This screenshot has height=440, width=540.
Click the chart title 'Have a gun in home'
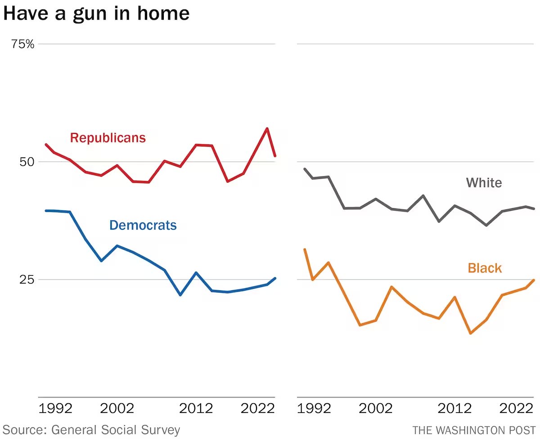96,14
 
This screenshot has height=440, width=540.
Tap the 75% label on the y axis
23,44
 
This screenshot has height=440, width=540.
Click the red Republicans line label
108,138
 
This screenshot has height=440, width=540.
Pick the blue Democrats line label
143,225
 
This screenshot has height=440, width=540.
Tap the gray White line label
484,183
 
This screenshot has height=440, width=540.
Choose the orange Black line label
485,268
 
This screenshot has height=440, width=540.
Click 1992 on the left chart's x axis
56,409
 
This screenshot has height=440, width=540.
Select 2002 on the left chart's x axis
117,409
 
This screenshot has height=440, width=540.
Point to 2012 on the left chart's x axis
196,409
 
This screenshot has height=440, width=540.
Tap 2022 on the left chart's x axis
257,409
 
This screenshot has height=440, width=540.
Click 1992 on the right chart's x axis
315,409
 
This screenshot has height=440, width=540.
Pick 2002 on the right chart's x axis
376,409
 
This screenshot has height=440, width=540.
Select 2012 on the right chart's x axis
455,409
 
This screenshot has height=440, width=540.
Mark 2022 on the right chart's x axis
516,409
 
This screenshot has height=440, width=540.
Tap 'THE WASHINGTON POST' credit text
474,430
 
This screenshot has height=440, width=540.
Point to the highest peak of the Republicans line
267,129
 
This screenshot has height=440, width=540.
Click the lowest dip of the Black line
471,333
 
